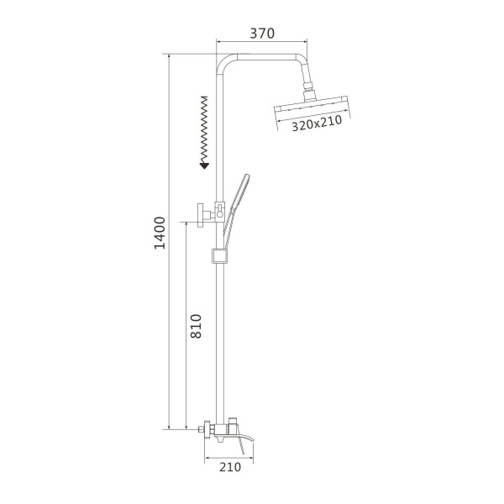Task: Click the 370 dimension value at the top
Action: (262, 34)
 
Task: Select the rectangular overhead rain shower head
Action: (310, 108)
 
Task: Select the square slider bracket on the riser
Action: (220, 255)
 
